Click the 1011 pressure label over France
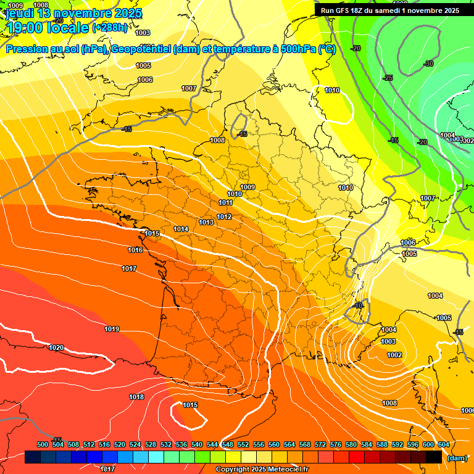pyautogui.click(x=225, y=202)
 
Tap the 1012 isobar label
pyautogui.click(x=224, y=217)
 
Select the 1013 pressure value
pyautogui.click(x=206, y=222)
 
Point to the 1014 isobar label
pyautogui.click(x=181, y=229)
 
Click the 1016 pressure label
pyautogui.click(x=136, y=250)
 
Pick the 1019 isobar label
pyautogui.click(x=112, y=329)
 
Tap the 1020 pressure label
pyautogui.click(x=56, y=347)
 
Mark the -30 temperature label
pyautogui.click(x=429, y=64)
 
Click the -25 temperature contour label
pyautogui.click(x=388, y=78)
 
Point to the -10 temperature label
pyautogui.click(x=359, y=306)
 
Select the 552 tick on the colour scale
pyautogui.click(x=243, y=444)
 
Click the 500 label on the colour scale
pyautogui.click(x=43, y=444)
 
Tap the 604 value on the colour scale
pyautogui.click(x=444, y=444)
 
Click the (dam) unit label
pyautogui.click(x=456, y=458)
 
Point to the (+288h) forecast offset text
pyautogui.click(x=110, y=27)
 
